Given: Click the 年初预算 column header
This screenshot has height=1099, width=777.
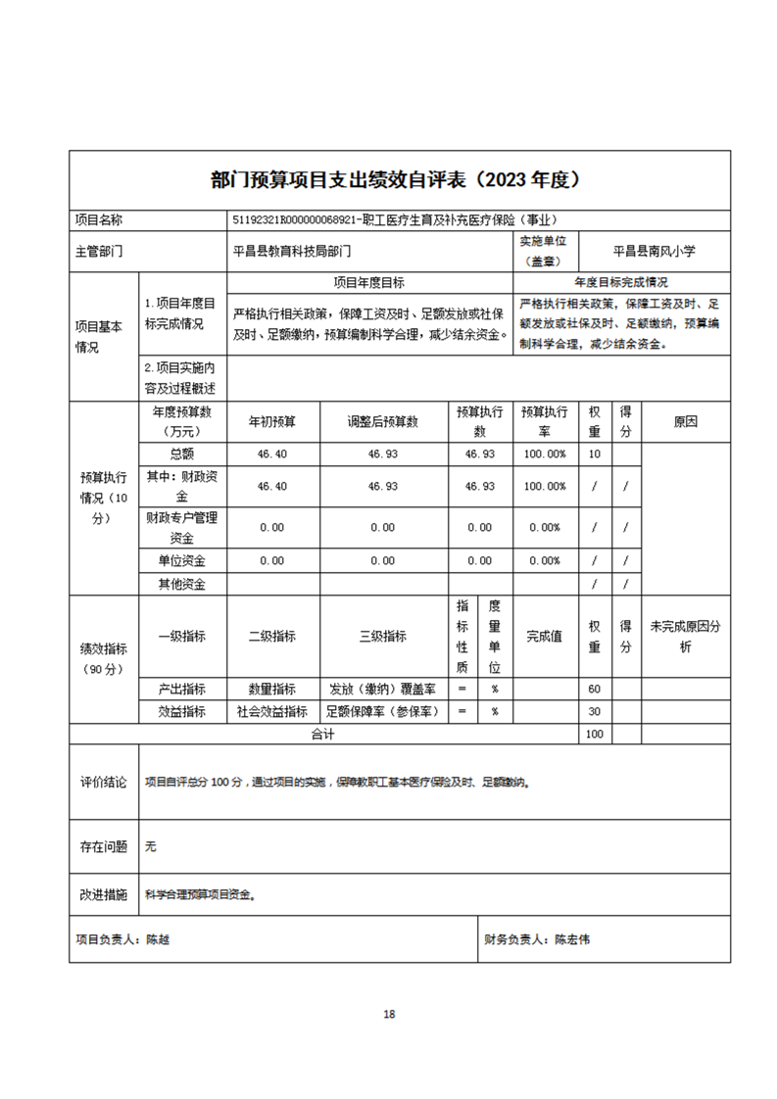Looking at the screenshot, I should coord(272,422).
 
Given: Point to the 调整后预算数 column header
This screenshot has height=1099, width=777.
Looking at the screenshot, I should coord(382,422).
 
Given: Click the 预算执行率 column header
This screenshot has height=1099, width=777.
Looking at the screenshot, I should coord(544,422).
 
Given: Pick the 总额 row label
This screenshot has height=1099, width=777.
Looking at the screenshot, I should coord(182,454).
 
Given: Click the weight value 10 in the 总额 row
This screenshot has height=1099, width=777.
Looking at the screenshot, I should coord(594,454).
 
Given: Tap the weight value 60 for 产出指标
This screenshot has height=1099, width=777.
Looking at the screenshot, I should coord(594,690).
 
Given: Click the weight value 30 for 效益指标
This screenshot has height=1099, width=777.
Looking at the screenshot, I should coord(594,712).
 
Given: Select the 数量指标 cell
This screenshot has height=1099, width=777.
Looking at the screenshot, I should coord(272,690).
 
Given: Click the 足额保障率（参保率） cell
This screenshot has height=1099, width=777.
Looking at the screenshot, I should coord(382,712).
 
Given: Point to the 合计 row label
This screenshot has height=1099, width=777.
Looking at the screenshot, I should coord(322,734).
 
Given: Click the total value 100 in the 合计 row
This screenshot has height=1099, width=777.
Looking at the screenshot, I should coord(594,734).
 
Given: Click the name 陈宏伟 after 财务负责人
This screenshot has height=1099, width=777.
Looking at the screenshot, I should coord(572,939).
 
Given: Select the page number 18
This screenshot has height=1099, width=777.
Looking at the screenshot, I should coord(389,1014).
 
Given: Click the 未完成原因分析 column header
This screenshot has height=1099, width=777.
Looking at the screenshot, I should coord(686,637).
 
